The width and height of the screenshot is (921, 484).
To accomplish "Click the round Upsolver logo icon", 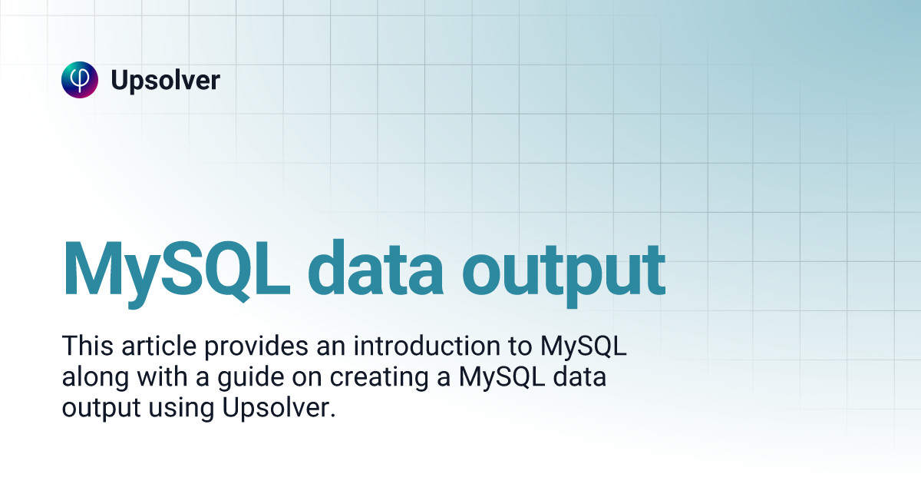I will [x=80, y=80].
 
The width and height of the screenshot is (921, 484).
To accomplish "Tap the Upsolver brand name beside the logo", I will [x=165, y=80].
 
